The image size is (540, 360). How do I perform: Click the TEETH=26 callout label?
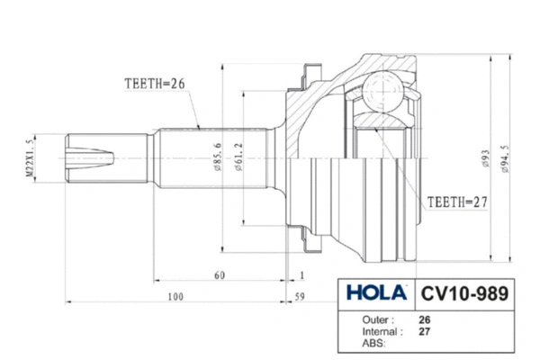(154, 84)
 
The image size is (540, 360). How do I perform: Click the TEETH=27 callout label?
(456, 202)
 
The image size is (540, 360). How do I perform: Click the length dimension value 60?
(219, 274)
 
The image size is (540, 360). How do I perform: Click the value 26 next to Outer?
(425, 319)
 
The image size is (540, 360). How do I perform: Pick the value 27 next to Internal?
(425, 331)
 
